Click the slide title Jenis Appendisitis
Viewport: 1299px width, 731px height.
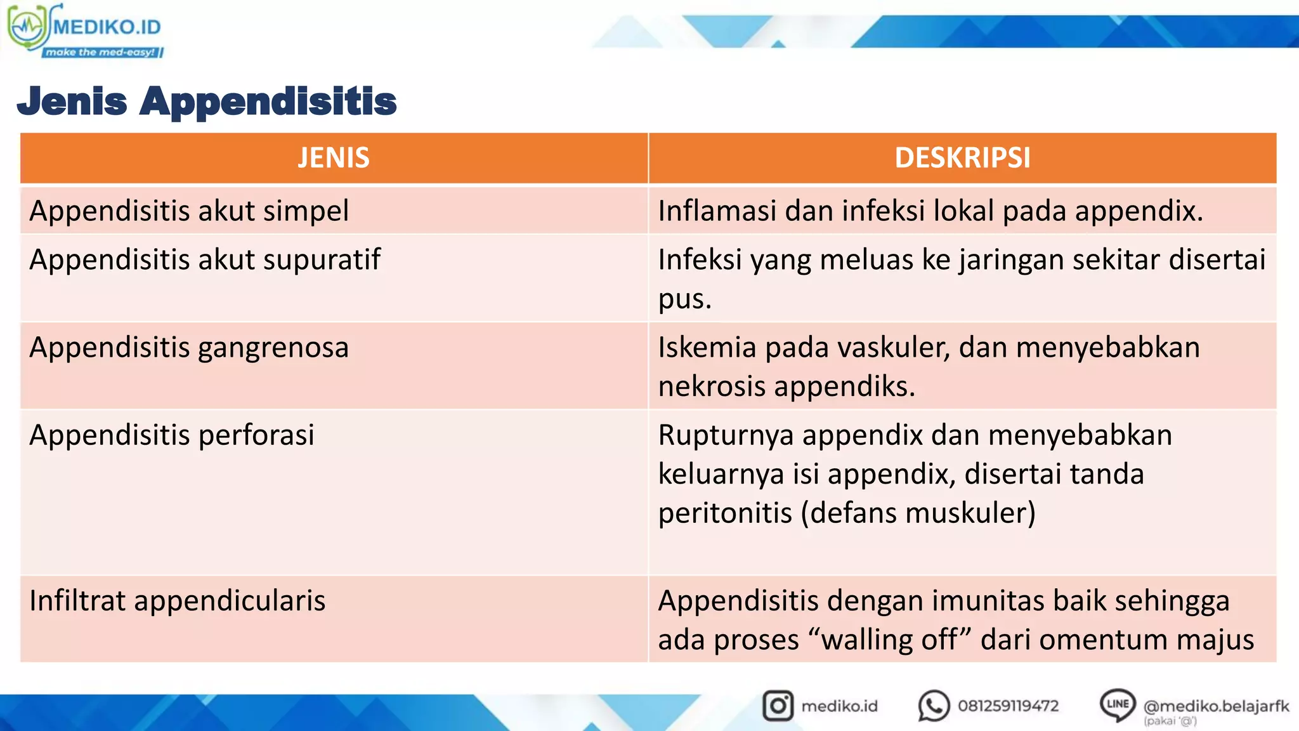point(207,102)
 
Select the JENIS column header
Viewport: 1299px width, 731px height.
point(334,158)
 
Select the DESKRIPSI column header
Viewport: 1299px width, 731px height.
point(962,158)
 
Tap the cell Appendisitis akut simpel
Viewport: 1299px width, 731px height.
point(189,211)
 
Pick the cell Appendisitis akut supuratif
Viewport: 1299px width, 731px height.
point(204,260)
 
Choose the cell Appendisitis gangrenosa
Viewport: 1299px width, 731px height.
point(189,348)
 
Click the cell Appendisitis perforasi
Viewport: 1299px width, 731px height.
point(172,435)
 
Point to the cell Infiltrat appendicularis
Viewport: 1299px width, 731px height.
point(178,601)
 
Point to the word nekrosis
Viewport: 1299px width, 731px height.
point(712,386)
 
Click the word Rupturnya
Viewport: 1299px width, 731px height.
point(726,435)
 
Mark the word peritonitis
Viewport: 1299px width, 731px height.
point(725,513)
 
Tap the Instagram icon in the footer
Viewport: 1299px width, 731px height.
point(778,706)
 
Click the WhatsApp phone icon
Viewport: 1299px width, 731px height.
point(934,706)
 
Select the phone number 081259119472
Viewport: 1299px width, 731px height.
point(1008,706)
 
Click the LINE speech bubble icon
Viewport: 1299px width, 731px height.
point(1117,704)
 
